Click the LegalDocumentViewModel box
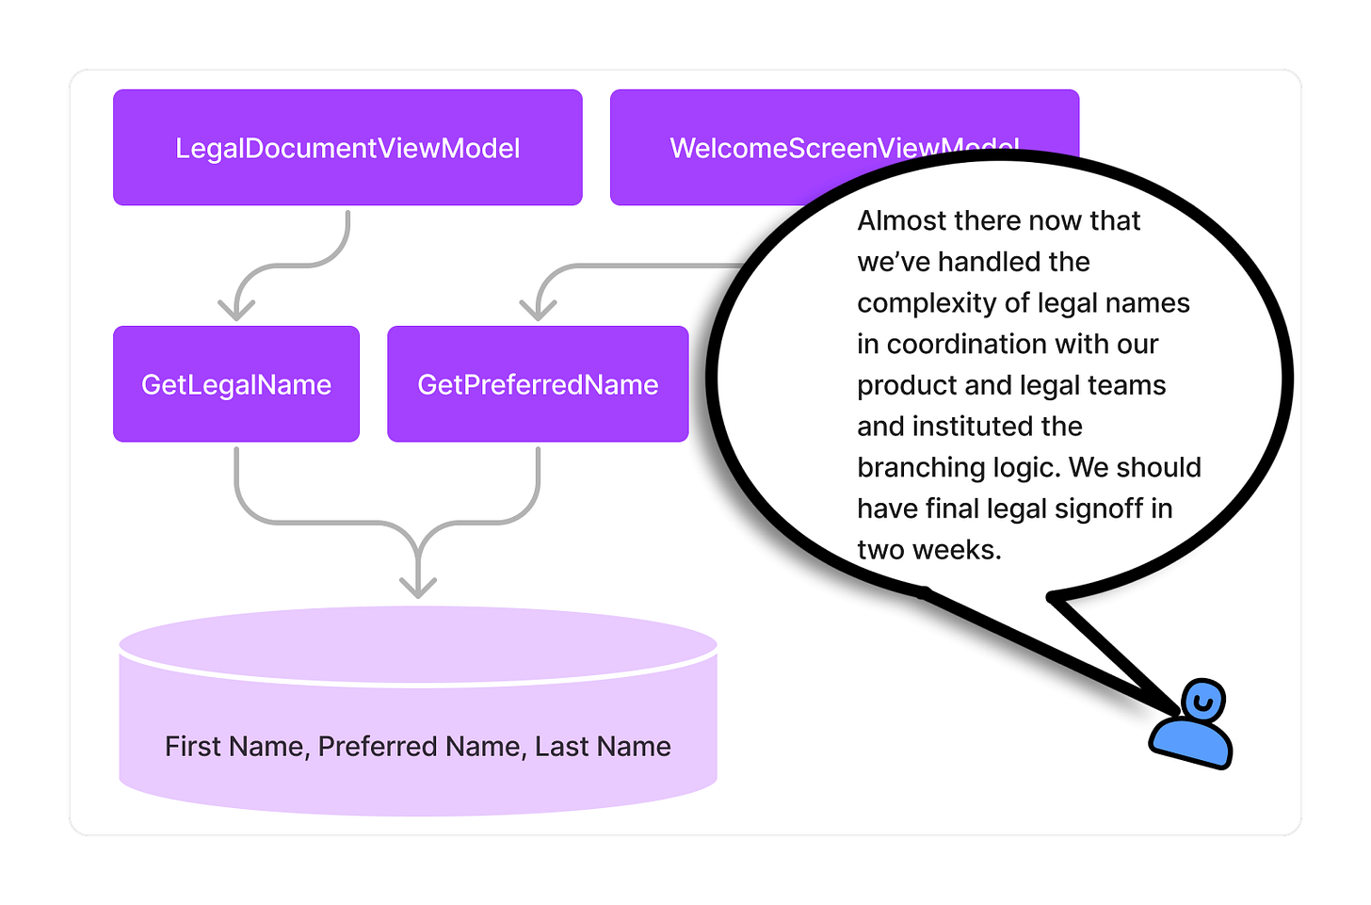[347, 148]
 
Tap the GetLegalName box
[236, 384]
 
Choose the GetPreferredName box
[538, 384]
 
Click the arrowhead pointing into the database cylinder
[418, 586]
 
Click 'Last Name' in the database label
[603, 747]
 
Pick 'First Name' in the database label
[234, 747]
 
